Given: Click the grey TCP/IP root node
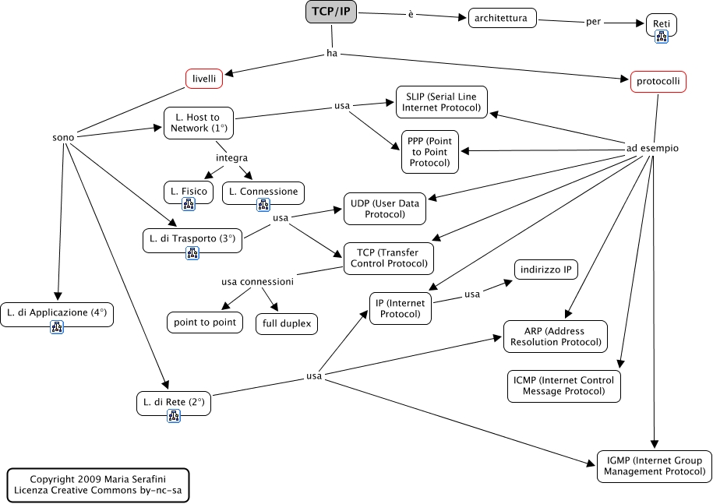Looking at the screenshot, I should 330,12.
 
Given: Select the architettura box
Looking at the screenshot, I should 503,18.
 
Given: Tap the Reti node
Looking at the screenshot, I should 661,24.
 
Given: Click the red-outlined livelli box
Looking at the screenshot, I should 204,79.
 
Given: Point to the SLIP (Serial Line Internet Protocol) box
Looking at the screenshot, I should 441,101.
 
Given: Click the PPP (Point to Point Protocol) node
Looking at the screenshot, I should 429,152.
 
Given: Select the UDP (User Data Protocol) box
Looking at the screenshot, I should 385,209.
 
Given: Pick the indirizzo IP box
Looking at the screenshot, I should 545,270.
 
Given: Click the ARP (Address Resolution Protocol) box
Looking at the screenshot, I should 555,336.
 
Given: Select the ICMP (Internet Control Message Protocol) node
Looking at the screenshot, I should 564,386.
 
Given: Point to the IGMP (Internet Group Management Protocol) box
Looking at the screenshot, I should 654,465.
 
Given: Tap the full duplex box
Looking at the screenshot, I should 287,322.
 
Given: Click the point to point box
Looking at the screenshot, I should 205,322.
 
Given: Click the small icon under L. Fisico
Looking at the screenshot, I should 189,204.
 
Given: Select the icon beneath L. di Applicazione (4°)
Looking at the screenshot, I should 57,327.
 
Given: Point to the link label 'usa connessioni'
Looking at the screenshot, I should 257,281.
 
